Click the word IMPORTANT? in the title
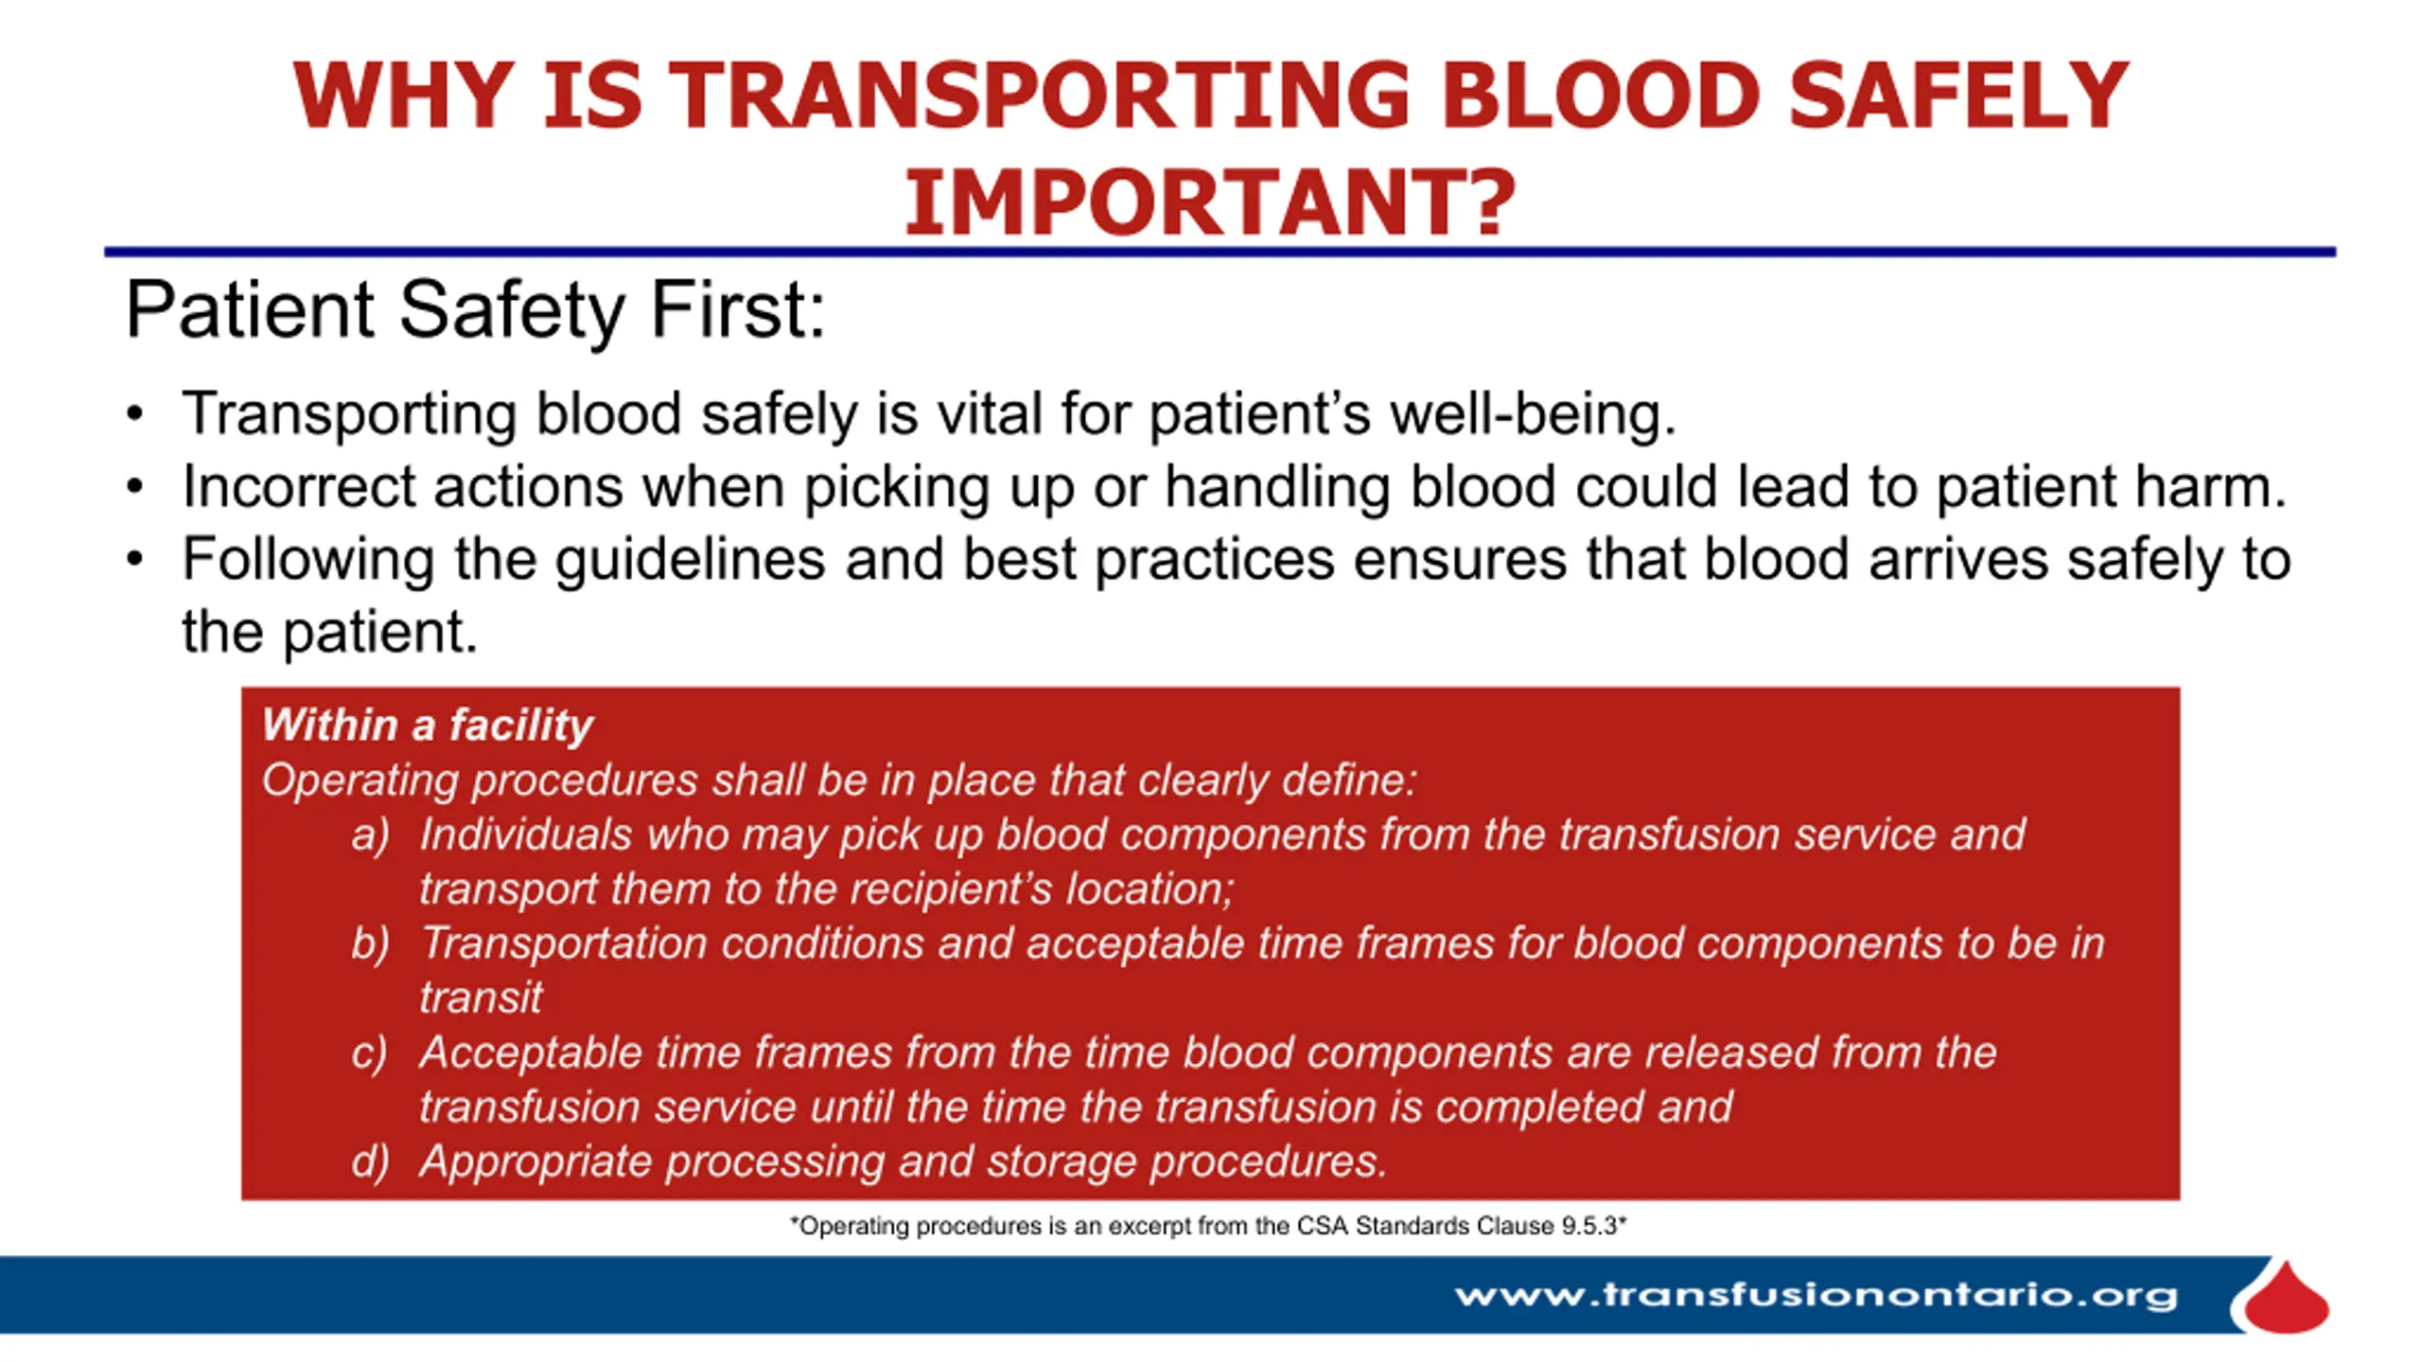point(1210,201)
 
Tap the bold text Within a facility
point(428,725)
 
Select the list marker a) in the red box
point(370,835)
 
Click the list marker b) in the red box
point(370,944)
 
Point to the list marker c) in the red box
point(369,1053)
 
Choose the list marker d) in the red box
point(370,1161)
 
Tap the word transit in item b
point(481,998)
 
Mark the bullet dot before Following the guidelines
point(135,560)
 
